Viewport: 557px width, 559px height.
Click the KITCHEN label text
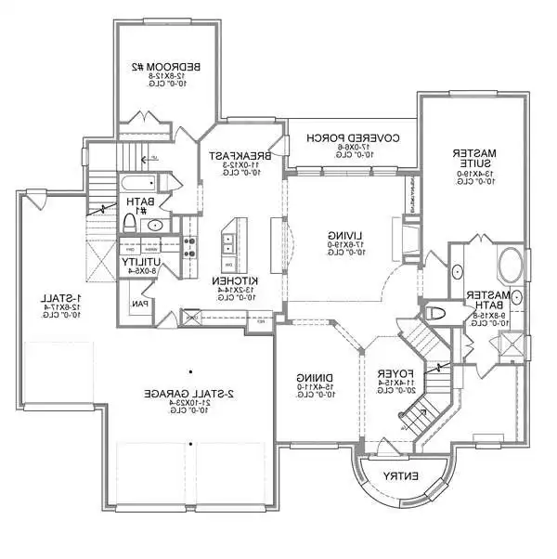point(227,280)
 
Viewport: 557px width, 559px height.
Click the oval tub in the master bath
point(512,267)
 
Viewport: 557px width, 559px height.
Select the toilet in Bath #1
point(130,222)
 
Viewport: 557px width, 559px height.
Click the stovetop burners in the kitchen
point(189,246)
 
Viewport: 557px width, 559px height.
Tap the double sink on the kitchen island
point(227,243)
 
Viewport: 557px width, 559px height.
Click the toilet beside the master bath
point(437,314)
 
